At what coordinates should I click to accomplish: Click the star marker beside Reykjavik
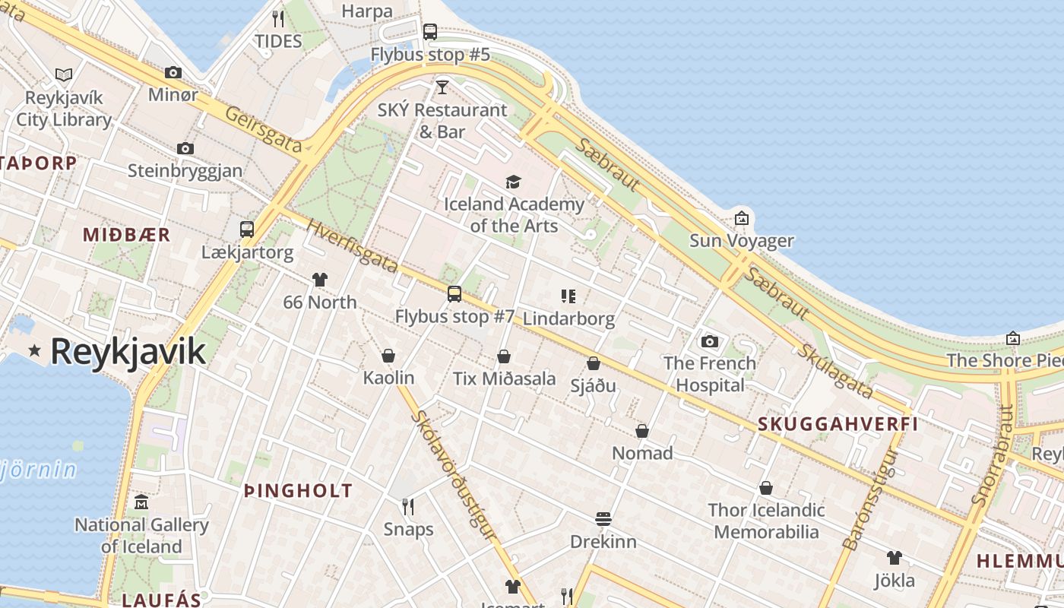34,350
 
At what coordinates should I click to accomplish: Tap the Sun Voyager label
741,241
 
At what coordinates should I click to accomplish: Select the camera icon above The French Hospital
710,341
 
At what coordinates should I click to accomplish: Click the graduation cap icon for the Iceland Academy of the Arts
514,182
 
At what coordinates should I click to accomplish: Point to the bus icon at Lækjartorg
247,229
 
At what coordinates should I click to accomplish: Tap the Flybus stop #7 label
454,316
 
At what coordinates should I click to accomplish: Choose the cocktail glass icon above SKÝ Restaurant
442,87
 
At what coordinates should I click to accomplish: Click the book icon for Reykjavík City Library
64,74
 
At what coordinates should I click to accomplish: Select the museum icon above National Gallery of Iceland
141,502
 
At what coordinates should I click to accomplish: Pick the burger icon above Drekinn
603,519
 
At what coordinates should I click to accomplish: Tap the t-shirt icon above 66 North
319,280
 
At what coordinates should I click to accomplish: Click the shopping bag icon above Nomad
642,431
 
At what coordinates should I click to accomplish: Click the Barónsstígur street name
871,499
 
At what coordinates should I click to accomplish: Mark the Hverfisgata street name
353,247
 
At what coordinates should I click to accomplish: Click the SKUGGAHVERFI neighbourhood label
838,424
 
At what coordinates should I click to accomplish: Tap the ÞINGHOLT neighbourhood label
298,490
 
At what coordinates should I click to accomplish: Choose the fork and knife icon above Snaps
408,506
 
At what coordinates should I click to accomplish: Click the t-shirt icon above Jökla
894,558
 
